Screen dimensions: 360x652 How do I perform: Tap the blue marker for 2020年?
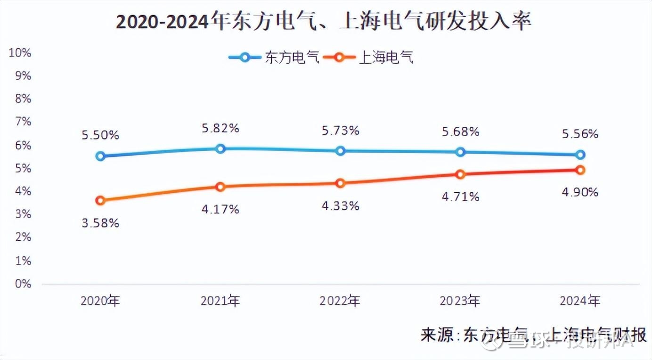pyautogui.click(x=100, y=156)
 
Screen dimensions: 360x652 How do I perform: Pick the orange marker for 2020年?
pyautogui.click(x=100, y=200)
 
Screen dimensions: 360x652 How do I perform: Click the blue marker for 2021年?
pyautogui.click(x=220, y=149)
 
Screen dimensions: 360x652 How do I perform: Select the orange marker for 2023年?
pyautogui.click(x=460, y=174)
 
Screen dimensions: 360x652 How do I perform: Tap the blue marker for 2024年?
pyautogui.click(x=580, y=155)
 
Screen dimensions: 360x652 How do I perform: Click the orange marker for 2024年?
pyautogui.click(x=580, y=170)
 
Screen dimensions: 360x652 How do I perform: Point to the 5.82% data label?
pyautogui.click(x=220, y=128)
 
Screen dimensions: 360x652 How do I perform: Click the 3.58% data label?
pyautogui.click(x=100, y=223)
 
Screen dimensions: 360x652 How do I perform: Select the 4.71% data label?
pyautogui.click(x=460, y=196)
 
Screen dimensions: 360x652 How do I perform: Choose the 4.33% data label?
pyautogui.click(x=340, y=206)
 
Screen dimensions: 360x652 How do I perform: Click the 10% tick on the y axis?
pyautogui.click(x=20, y=53)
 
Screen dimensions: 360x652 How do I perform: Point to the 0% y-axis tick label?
pyautogui.click(x=23, y=284)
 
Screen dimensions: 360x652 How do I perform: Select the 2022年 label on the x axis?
pyautogui.click(x=340, y=301)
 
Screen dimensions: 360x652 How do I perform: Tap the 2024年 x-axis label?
pyautogui.click(x=580, y=301)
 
